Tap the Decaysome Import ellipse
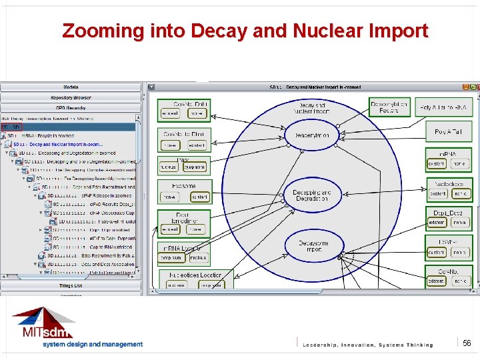click(313, 247)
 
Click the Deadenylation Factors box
click(389, 107)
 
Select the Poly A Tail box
click(447, 132)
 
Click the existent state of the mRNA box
click(436, 163)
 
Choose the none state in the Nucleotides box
click(459, 193)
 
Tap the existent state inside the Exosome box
click(199, 197)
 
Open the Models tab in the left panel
click(71, 87)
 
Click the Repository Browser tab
click(71, 97)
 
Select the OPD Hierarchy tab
click(71, 107)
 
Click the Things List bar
click(71, 285)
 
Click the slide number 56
click(467, 342)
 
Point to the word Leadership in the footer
click(325, 345)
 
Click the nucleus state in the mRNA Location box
click(198, 257)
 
